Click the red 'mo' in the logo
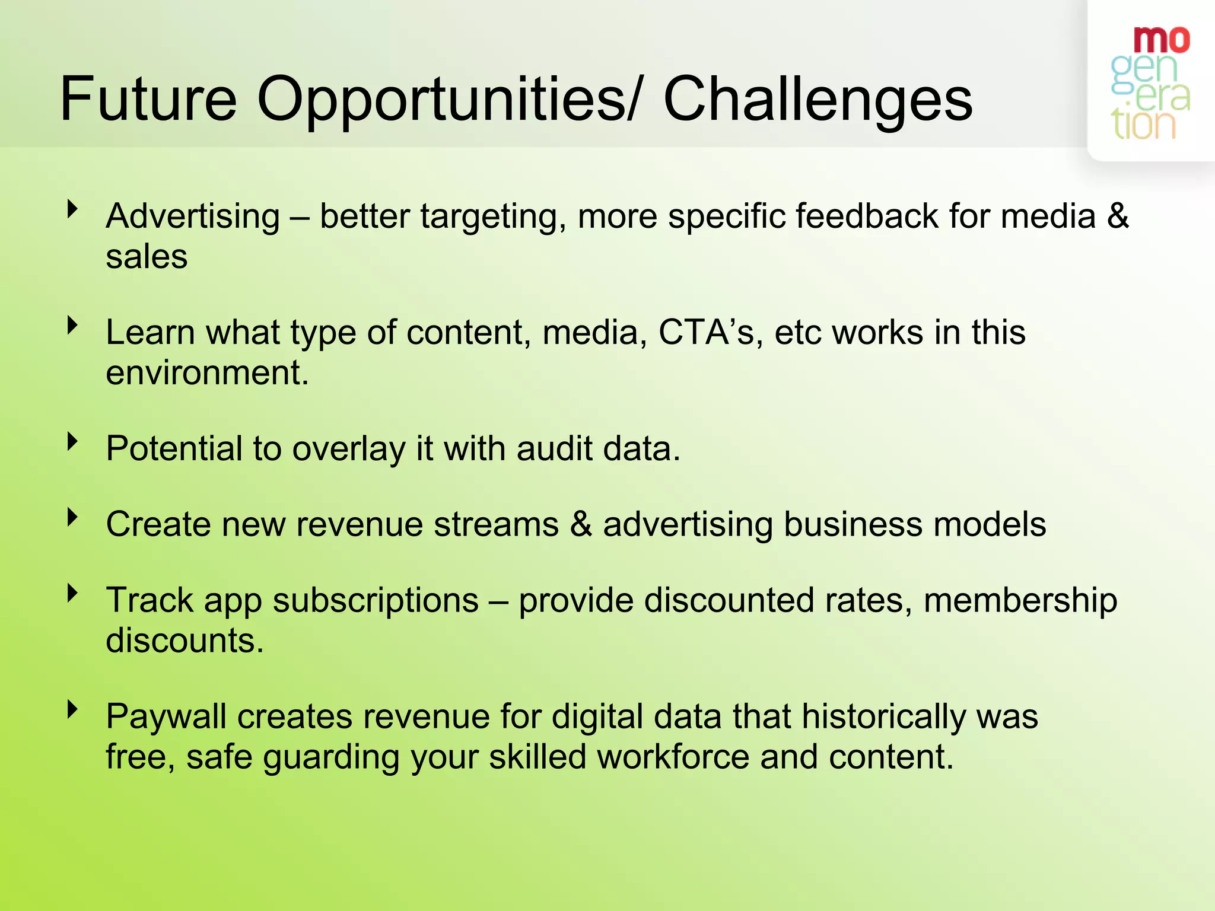1161,40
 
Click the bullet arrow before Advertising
73,209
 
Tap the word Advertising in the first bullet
193,216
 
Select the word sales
147,257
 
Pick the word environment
207,373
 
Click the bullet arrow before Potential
73,441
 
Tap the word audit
554,448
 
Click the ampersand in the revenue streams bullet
581,524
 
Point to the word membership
1020,600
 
